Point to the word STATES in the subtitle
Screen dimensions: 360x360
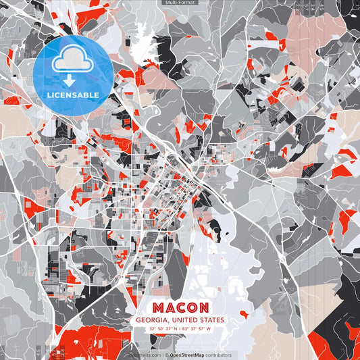[210, 320]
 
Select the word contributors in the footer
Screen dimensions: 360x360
[215, 355]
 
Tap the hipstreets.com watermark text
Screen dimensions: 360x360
[143, 355]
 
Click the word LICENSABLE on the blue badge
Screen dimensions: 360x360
[73, 95]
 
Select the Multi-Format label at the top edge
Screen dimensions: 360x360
[180, 3]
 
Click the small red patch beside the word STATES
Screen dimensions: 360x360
[233, 317]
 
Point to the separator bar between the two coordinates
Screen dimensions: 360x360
[180, 330]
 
